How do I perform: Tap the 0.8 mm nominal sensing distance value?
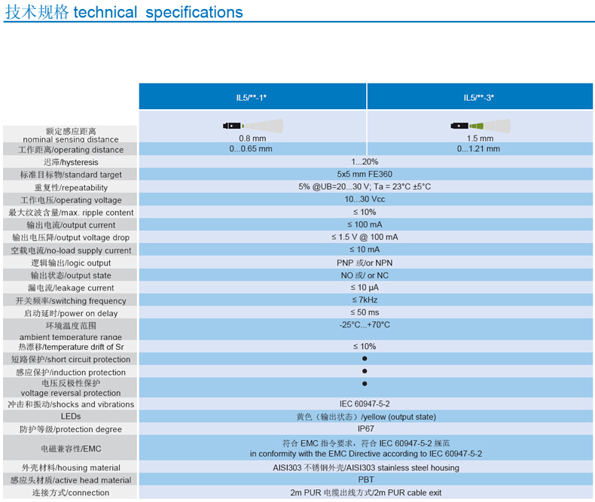(x=252, y=138)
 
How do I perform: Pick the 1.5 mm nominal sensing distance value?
(x=479, y=138)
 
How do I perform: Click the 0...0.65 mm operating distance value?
(x=252, y=149)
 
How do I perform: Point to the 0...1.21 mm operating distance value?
(x=479, y=149)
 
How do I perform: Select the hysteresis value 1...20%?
(x=365, y=162)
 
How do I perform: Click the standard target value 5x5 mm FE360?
(x=365, y=175)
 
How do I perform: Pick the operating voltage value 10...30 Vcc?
(x=365, y=199)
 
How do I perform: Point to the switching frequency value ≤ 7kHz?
(x=365, y=300)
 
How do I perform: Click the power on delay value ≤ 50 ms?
(x=365, y=312)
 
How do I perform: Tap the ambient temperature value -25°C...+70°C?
(x=365, y=325)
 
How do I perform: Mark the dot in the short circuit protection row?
(x=365, y=359)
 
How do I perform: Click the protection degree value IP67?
(x=365, y=429)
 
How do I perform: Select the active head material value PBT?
(x=365, y=479)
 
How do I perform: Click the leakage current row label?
(x=70, y=288)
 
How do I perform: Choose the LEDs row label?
(x=70, y=416)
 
